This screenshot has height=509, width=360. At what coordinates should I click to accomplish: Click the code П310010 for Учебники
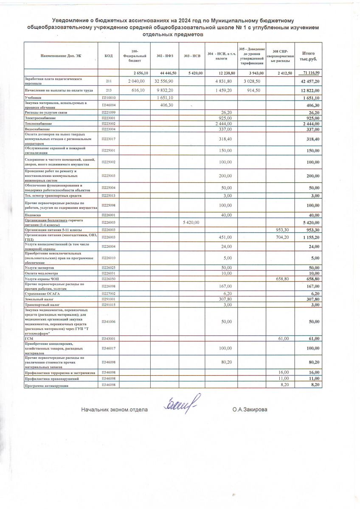point(108,98)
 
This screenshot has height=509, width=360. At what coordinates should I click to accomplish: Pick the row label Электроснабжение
point(37,118)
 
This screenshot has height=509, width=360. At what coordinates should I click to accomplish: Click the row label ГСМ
point(28,338)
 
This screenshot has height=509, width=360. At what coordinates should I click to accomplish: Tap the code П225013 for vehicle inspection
point(108,196)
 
